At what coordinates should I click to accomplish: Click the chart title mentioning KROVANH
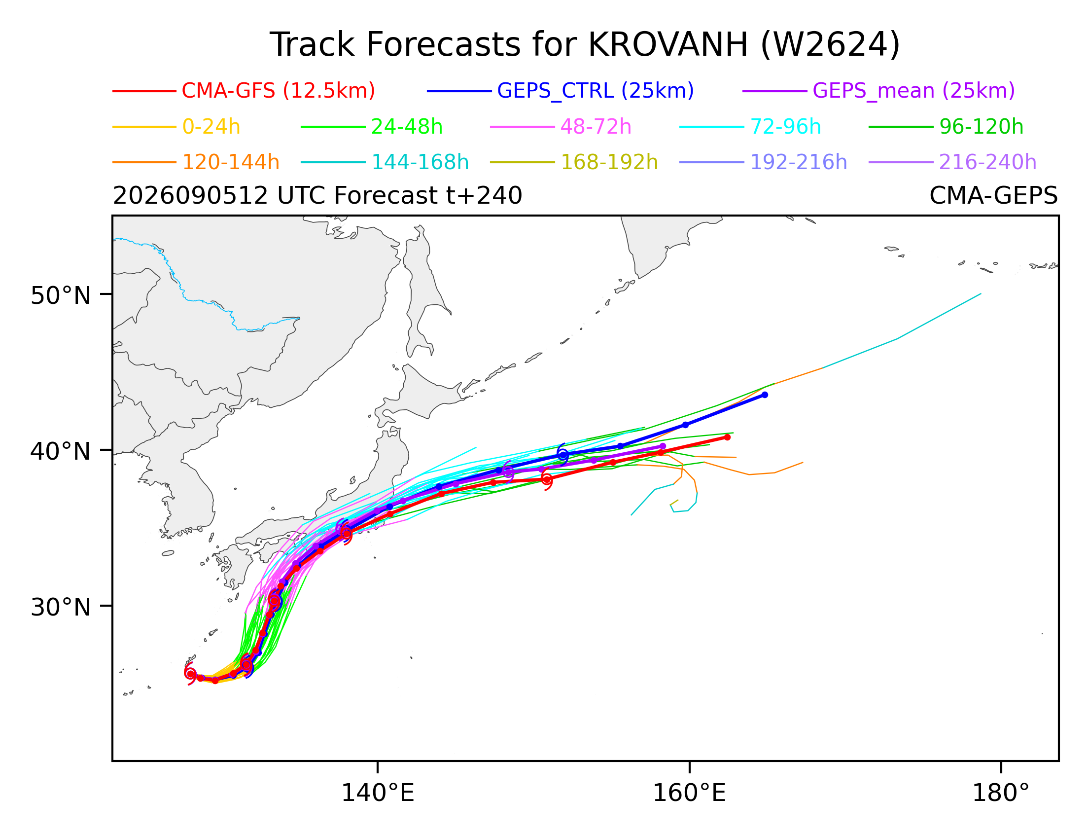coord(584,45)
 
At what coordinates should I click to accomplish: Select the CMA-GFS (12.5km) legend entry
coord(278,91)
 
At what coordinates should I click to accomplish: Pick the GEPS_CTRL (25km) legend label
coord(595,91)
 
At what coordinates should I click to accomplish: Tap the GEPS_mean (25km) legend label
coord(913,91)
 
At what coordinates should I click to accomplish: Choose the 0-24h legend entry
coord(211,127)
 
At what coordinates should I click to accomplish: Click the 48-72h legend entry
coord(595,127)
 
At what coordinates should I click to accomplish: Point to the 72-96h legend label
coord(785,127)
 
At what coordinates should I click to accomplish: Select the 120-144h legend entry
coord(231,163)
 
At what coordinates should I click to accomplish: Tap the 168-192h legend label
coord(609,163)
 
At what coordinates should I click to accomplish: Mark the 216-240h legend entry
coord(987,163)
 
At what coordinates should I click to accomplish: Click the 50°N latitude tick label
coord(61,296)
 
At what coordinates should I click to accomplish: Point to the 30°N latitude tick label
coord(61,607)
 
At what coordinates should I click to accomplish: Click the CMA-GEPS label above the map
coord(993,196)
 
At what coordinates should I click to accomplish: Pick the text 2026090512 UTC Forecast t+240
coord(317,196)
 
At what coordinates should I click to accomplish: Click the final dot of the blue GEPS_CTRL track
coord(765,395)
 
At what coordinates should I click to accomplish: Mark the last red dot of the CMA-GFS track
coord(727,437)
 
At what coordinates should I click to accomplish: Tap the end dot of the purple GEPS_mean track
coord(663,446)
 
